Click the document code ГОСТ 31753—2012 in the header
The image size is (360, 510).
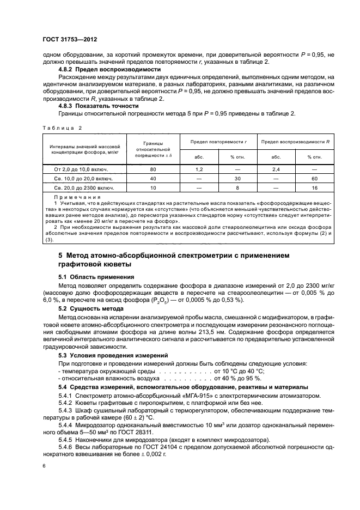[70, 40]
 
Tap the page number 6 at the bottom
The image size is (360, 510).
[44, 466]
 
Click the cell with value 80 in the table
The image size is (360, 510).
[153, 169]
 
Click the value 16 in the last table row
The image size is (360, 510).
[314, 187]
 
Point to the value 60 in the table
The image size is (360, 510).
[314, 178]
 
